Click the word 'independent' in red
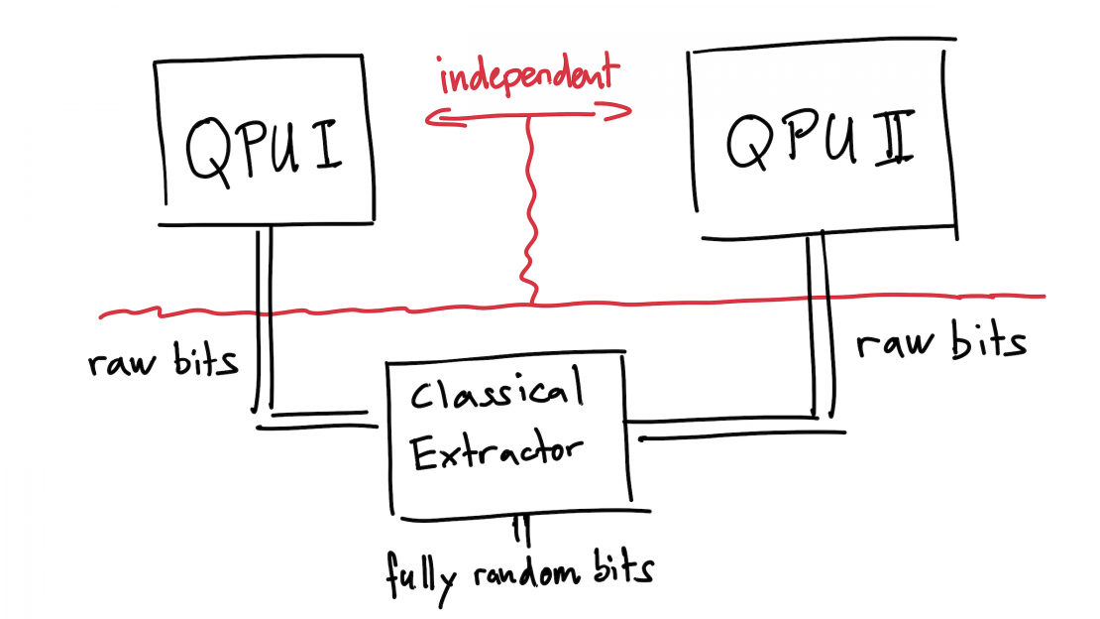529,74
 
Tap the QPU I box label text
264,149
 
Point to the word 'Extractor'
496,451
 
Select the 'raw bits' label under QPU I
163,361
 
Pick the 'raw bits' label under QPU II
941,341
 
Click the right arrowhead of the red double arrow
614,112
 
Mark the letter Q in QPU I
209,152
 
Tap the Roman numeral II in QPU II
895,138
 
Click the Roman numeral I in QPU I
327,146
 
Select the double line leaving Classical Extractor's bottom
520,531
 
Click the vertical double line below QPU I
264,319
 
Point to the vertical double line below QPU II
820,326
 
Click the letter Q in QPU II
748,142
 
